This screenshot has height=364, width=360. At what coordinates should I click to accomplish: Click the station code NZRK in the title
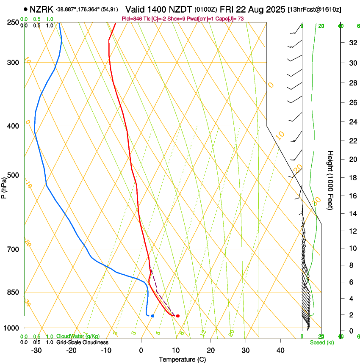coord(42,8)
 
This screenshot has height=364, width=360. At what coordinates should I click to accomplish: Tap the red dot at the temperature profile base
coord(177,316)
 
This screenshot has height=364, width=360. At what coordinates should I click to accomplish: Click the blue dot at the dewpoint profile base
coord(152,316)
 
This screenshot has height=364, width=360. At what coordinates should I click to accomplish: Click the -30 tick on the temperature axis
coord(36,350)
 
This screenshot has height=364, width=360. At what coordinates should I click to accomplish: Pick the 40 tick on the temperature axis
coord(280,350)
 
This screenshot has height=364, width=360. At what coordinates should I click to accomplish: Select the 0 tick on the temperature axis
coord(141,350)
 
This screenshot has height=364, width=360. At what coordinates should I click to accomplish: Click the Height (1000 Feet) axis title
coord(330,180)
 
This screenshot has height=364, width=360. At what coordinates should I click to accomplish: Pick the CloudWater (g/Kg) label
coord(78,336)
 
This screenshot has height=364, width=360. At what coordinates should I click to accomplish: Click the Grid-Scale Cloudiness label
coord(82,342)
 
